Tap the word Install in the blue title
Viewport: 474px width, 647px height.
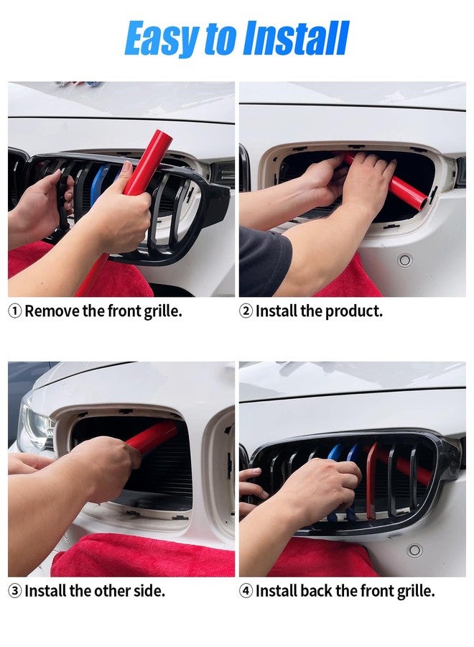(296, 39)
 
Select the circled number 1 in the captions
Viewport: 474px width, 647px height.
(15, 311)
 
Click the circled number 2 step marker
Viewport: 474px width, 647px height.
(246, 311)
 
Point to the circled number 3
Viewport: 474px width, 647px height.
(15, 591)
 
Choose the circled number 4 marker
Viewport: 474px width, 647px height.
(246, 591)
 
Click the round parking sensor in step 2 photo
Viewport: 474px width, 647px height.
(405, 260)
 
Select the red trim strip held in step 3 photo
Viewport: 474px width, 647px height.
(154, 436)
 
